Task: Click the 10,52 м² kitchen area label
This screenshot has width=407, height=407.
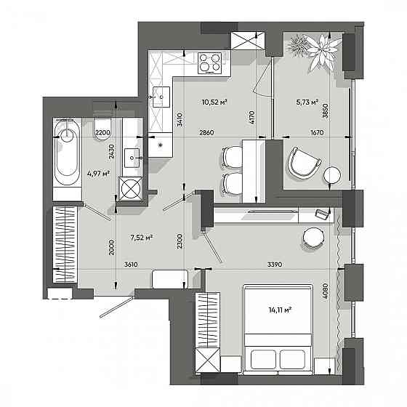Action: tap(214, 102)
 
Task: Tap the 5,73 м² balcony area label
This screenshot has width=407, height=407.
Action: tap(307, 102)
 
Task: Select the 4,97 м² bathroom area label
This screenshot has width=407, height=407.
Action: tap(98, 174)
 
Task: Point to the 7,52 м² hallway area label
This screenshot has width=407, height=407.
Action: tap(142, 238)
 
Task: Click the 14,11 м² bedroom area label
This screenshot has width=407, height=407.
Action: tap(280, 310)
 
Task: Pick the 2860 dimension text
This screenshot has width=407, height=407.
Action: tap(206, 132)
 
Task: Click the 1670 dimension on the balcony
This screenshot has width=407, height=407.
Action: tap(317, 132)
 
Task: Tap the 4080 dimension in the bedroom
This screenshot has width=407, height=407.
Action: tap(326, 291)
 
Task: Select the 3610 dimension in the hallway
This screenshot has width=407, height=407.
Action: tap(131, 265)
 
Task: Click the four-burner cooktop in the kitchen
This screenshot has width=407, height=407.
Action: tap(210, 63)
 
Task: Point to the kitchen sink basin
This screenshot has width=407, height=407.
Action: tap(161, 97)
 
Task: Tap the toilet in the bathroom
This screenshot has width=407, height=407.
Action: tap(103, 129)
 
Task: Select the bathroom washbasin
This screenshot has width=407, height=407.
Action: tap(132, 158)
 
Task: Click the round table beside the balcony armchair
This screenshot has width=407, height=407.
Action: tap(332, 175)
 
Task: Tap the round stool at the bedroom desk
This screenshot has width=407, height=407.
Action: tap(313, 238)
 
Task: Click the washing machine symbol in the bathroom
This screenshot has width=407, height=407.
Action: tap(131, 189)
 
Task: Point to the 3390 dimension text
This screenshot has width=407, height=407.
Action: tap(275, 265)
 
